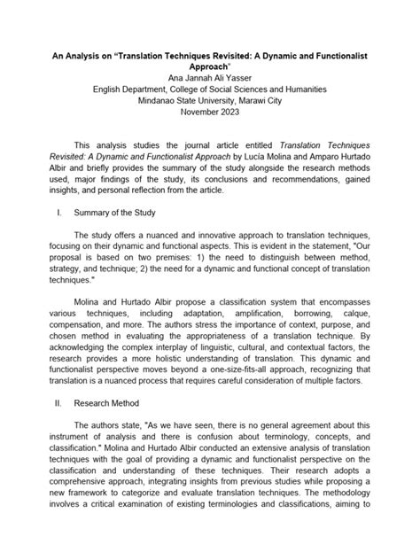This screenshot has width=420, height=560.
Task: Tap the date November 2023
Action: [x=209, y=113]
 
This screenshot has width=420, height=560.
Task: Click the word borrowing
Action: [x=326, y=315]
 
